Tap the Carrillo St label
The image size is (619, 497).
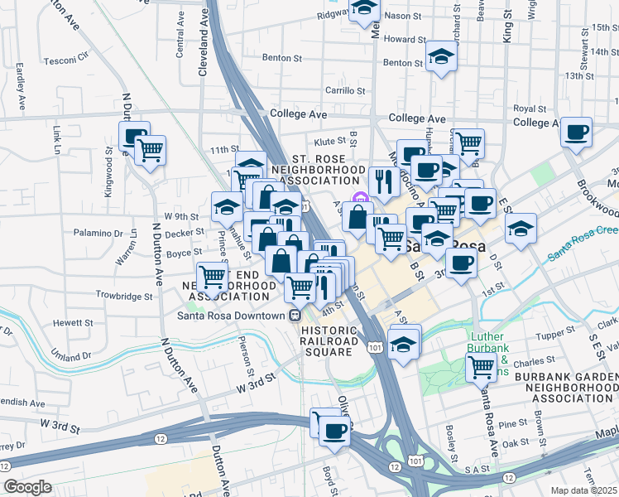(x=345, y=90)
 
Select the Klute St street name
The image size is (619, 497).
(x=328, y=142)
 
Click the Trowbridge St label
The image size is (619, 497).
(x=124, y=295)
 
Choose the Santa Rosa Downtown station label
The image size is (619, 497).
(x=231, y=316)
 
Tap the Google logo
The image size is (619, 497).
(x=26, y=486)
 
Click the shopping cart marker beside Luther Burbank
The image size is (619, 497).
(x=480, y=366)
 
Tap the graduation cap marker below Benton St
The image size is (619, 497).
(x=441, y=56)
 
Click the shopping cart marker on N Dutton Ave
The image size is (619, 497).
(x=150, y=150)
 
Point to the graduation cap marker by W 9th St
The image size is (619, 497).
(x=225, y=205)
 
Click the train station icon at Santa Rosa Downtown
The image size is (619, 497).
(x=294, y=316)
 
